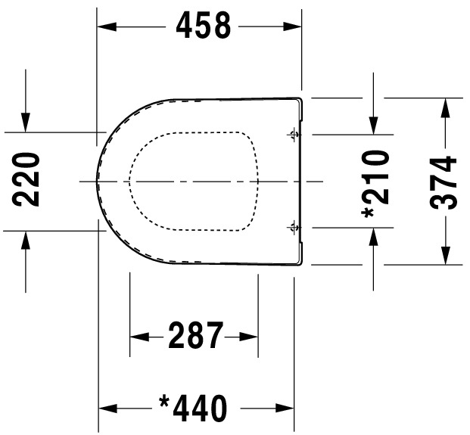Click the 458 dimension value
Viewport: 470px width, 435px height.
204,26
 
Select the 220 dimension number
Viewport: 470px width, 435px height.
26,180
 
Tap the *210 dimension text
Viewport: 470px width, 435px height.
375,185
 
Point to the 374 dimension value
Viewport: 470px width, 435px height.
443,183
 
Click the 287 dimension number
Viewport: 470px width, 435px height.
196,335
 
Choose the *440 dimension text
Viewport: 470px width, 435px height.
193,408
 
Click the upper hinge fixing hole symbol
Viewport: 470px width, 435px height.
294,135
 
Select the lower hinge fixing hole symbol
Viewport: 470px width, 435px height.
294,228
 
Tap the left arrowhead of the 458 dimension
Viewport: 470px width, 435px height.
107,26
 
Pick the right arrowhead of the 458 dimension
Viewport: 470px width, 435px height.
292,26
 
